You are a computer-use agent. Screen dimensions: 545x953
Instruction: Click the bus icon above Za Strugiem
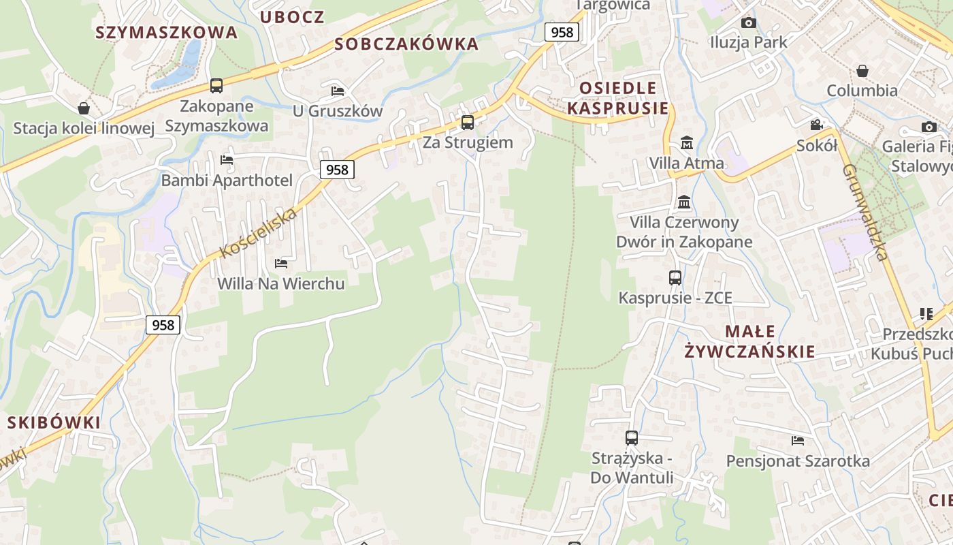tap(467, 123)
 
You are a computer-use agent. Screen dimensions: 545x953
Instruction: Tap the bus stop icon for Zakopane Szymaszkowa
tap(216, 86)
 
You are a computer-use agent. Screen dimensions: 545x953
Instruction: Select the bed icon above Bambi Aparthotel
tap(227, 160)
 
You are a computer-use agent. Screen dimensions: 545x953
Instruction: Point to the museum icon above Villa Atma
tap(686, 143)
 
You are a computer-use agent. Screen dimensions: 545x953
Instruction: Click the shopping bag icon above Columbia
tap(862, 71)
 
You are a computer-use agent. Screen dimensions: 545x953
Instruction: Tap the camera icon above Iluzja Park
tap(748, 22)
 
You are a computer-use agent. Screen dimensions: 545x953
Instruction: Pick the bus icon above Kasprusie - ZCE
tap(675, 277)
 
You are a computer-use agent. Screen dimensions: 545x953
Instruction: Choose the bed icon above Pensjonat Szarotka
tap(798, 441)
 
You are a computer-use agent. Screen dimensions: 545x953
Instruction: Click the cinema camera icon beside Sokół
tap(816, 125)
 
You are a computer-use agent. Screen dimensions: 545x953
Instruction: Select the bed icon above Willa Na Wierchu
tap(280, 263)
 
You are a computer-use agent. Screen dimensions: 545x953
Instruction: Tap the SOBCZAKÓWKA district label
tap(407, 44)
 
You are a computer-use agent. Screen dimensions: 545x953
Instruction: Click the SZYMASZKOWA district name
tap(166, 32)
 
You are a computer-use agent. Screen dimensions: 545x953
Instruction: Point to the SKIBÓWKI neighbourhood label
tap(54, 422)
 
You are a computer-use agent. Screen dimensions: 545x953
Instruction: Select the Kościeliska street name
tap(259, 233)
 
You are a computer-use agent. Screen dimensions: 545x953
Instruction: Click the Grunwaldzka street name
tap(865, 212)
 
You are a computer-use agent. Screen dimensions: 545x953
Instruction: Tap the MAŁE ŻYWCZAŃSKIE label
tap(749, 341)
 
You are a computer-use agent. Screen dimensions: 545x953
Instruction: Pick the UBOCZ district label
tap(292, 17)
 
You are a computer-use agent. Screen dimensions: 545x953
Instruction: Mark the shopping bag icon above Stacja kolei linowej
tap(84, 108)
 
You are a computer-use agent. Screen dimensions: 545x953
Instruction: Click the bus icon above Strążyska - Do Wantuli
tap(631, 437)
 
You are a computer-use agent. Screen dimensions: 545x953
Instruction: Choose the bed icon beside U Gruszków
tap(338, 91)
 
